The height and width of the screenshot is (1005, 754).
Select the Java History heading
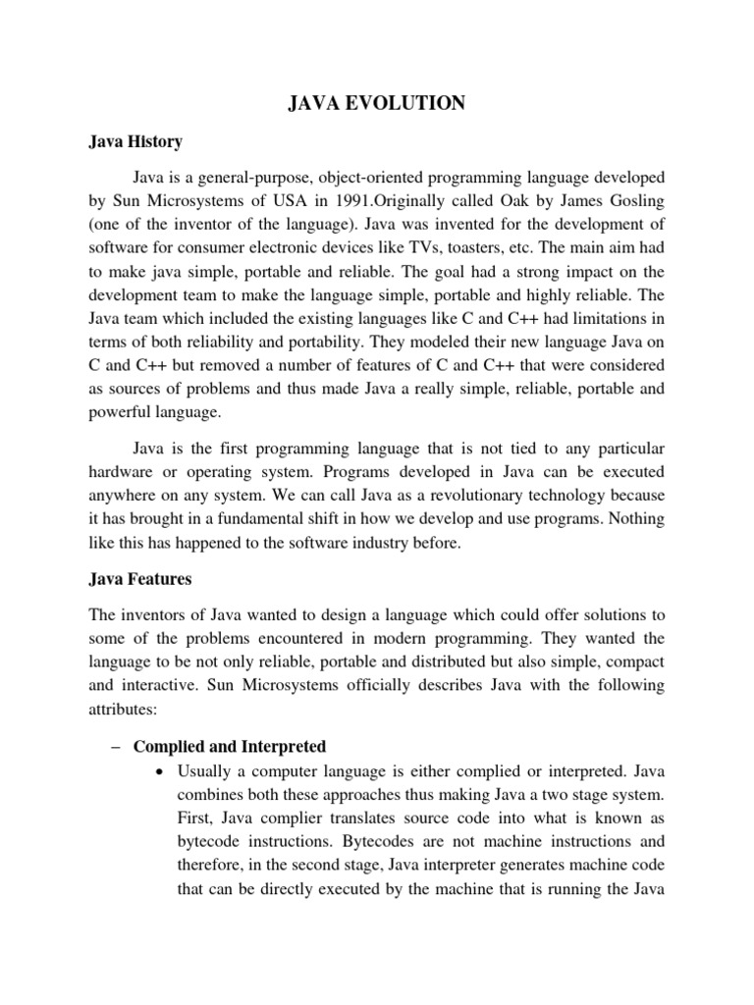[x=135, y=142]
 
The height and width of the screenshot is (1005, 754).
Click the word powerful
[x=122, y=412]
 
